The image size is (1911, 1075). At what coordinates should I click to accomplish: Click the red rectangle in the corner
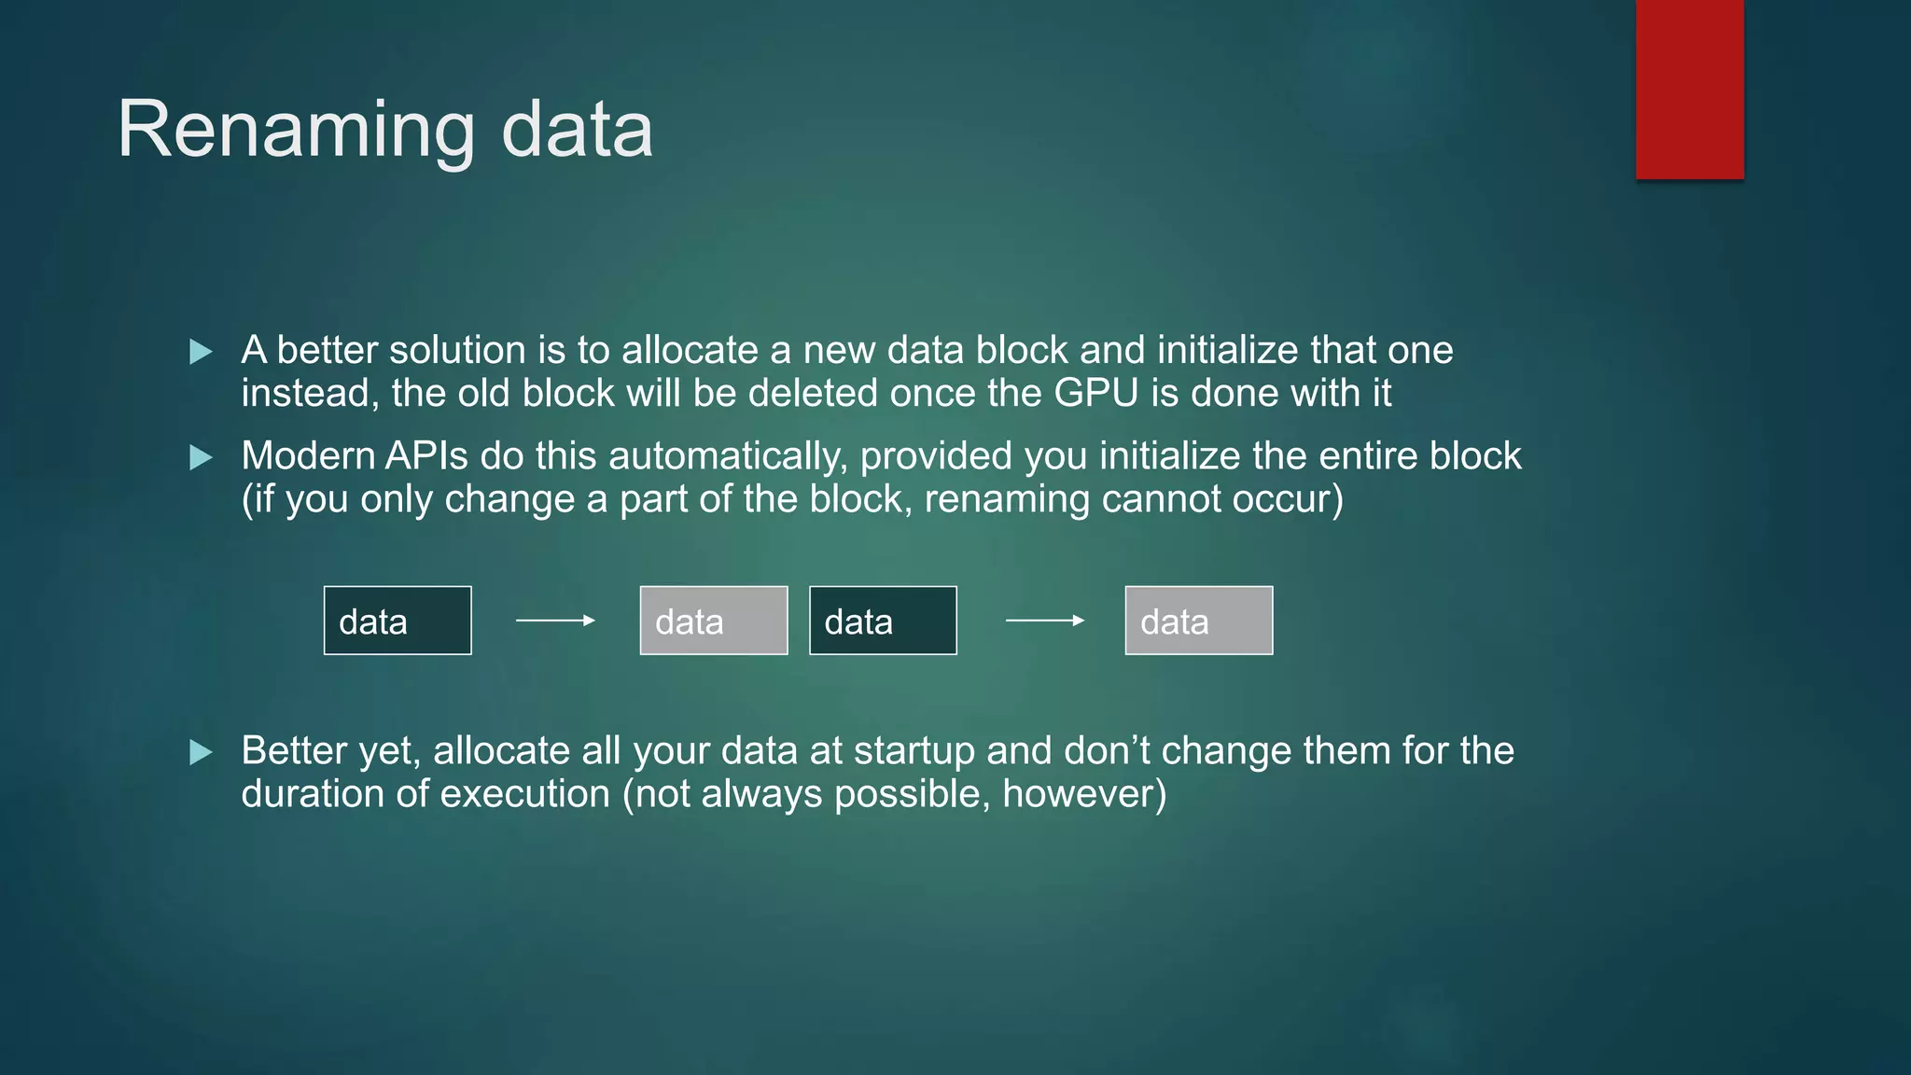[1689, 90]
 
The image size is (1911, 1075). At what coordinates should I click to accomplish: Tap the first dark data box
[398, 621]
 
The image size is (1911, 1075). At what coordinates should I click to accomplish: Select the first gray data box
[714, 621]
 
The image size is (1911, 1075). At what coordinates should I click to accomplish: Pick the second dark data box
[883, 621]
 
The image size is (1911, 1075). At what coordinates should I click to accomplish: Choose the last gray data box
[1199, 621]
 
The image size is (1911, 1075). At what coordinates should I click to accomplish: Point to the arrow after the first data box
[555, 621]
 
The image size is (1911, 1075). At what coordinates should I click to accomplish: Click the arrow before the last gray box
[1044, 621]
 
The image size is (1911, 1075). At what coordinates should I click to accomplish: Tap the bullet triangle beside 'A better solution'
[201, 352]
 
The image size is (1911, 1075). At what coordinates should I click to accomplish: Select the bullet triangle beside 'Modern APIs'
[201, 457]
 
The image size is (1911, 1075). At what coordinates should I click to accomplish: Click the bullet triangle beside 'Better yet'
[201, 752]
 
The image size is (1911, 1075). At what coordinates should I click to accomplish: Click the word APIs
[426, 456]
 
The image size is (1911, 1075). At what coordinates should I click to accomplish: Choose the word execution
[524, 794]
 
